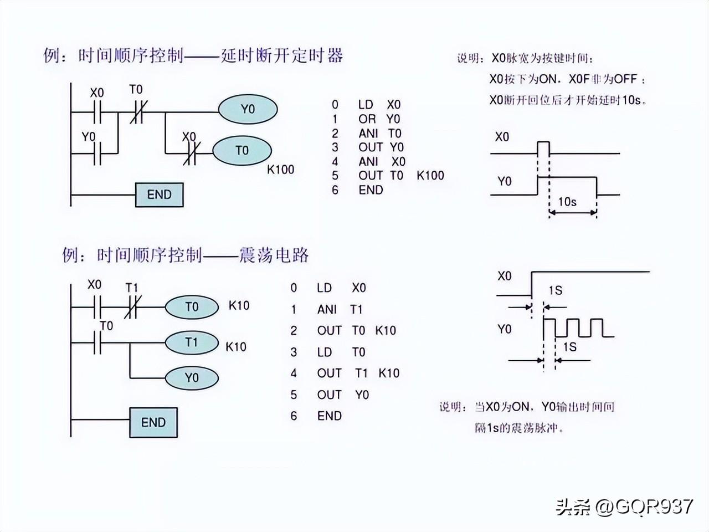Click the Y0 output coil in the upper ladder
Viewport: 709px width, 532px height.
[x=248, y=109]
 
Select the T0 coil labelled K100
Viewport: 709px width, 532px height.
[x=242, y=151]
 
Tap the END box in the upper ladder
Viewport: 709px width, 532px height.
[x=159, y=195]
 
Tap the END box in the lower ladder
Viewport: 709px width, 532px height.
[x=153, y=422]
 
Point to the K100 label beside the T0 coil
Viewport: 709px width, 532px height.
[x=280, y=170]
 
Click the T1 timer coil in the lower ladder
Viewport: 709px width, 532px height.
[x=192, y=342]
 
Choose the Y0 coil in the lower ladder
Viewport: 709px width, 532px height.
[x=192, y=377]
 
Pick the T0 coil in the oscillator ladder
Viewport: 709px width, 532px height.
[x=192, y=307]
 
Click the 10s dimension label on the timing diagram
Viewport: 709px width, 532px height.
[x=567, y=202]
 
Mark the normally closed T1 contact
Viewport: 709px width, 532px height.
[x=131, y=307]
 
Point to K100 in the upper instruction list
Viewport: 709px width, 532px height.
[x=430, y=176]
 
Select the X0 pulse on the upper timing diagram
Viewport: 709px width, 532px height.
[x=543, y=147]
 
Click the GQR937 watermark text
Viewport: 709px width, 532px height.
[x=654, y=507]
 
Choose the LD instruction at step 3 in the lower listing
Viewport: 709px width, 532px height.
[x=324, y=352]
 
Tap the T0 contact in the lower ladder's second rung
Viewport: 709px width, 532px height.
[x=97, y=342]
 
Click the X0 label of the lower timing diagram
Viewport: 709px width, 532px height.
[x=505, y=276]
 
